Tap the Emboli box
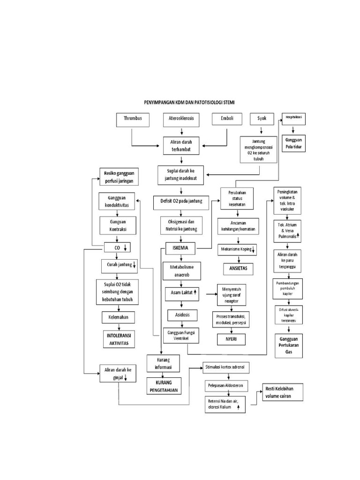[x=227, y=120]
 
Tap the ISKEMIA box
[x=180, y=247]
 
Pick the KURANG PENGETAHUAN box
[x=164, y=386]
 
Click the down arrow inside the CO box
[x=125, y=248]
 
